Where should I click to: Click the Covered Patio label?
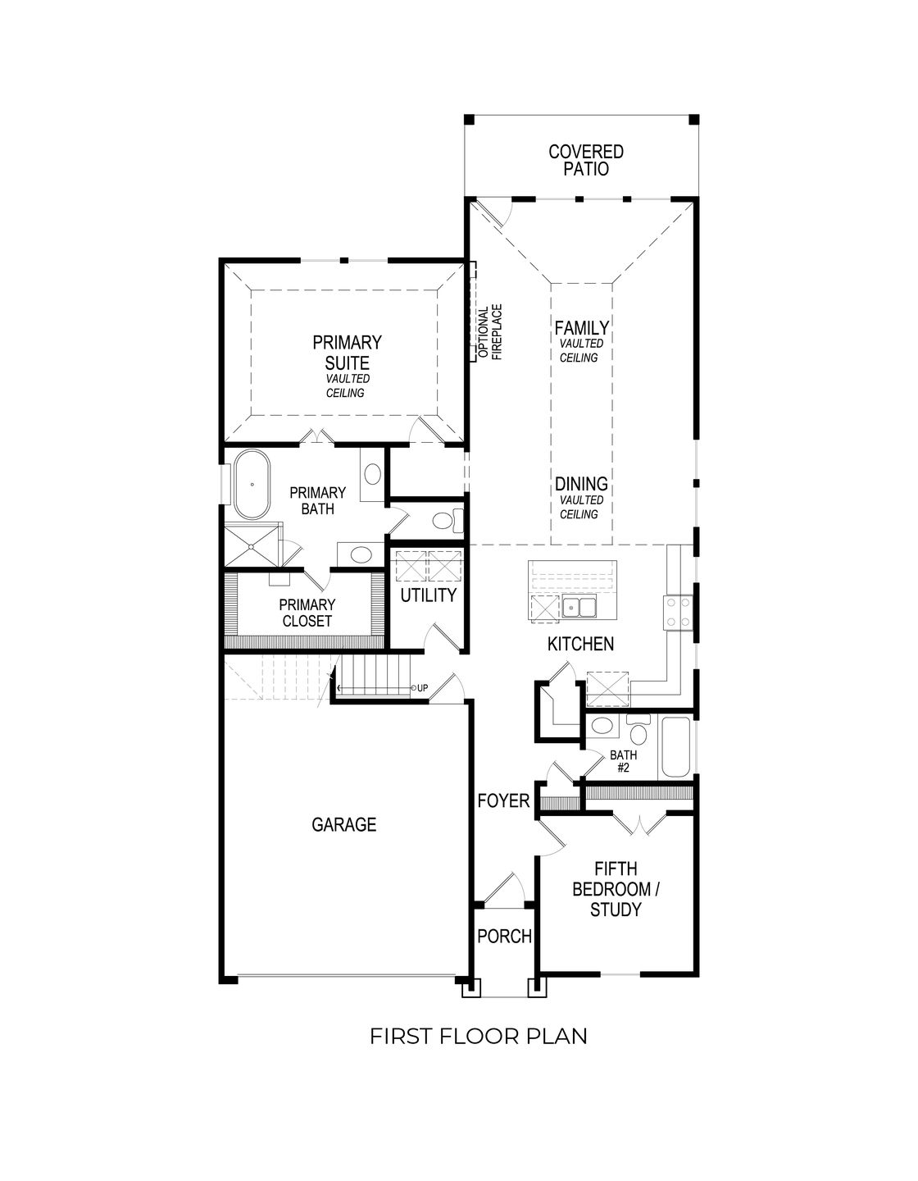[x=585, y=161]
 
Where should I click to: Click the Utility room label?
[x=428, y=595]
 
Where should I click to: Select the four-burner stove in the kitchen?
[x=679, y=613]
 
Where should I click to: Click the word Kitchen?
[x=580, y=645]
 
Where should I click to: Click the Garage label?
[x=343, y=824]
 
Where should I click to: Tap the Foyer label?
[x=503, y=800]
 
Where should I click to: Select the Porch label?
[x=504, y=936]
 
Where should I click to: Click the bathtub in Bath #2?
[x=676, y=747]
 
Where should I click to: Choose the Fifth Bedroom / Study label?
[x=616, y=889]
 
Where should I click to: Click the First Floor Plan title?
[x=478, y=1036]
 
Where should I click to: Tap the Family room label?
[x=581, y=328]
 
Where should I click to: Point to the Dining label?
[x=581, y=484]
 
